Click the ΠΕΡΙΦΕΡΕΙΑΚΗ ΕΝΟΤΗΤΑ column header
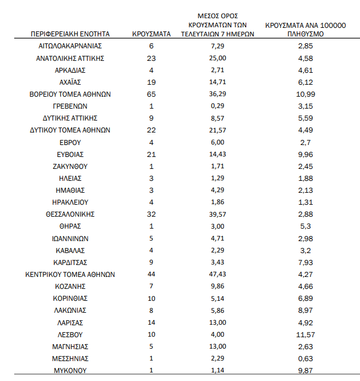(x=70, y=34)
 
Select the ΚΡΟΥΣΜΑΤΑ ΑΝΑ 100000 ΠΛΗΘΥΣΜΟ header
(x=306, y=30)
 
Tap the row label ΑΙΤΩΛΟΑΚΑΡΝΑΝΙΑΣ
(x=70, y=46)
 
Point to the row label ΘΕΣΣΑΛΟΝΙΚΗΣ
(x=70, y=214)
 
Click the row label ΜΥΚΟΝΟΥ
(x=70, y=370)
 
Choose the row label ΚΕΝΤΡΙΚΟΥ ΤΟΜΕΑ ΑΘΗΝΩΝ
(x=70, y=274)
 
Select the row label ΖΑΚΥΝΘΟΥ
(x=70, y=166)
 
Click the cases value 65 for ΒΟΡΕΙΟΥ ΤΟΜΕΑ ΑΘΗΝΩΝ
(x=151, y=94)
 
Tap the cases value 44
(x=151, y=274)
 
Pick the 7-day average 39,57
(x=218, y=214)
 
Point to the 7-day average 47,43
(x=218, y=274)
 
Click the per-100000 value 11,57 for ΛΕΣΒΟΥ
(x=306, y=334)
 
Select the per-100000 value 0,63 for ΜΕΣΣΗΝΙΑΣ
(x=306, y=358)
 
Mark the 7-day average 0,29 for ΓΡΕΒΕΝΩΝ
(x=218, y=106)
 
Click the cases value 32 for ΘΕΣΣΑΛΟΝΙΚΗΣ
(x=151, y=214)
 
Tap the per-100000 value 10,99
(x=306, y=94)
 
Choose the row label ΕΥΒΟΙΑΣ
(x=70, y=154)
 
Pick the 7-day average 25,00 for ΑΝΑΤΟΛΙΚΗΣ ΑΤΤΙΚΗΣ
(x=218, y=58)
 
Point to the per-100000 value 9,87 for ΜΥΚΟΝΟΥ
(x=306, y=370)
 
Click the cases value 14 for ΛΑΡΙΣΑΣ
(x=151, y=322)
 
